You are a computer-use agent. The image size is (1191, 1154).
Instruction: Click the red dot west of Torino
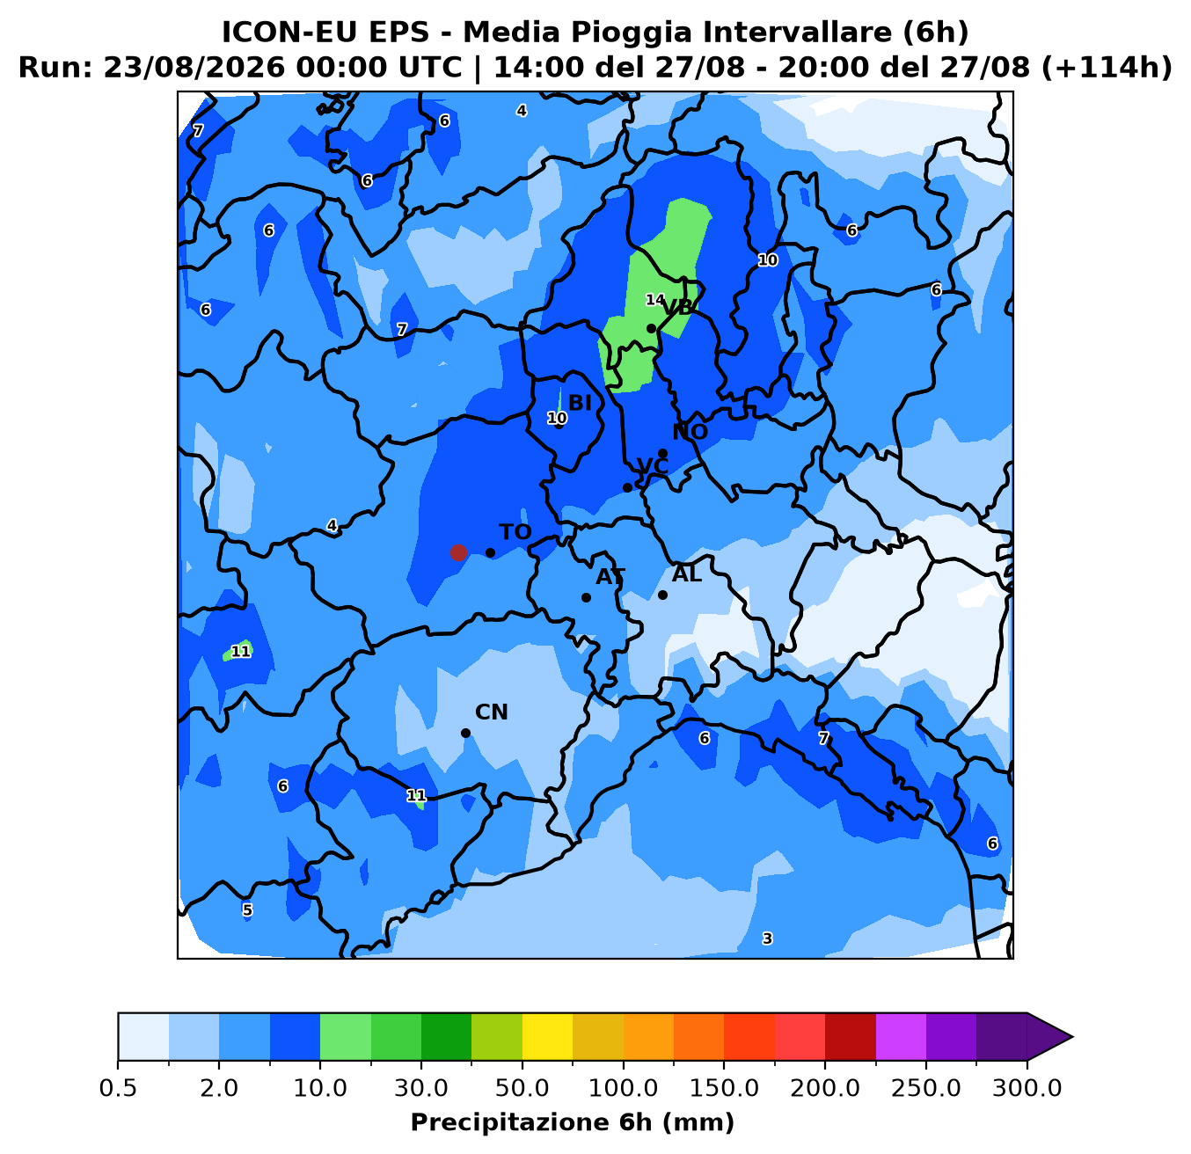(x=458, y=552)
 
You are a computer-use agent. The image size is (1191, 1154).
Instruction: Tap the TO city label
(x=515, y=532)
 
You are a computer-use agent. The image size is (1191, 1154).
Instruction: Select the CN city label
(x=492, y=712)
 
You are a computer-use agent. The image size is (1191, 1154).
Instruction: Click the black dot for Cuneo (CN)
(x=465, y=733)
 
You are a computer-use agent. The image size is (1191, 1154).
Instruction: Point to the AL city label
(x=687, y=574)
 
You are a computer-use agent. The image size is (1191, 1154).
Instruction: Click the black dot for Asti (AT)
(x=586, y=597)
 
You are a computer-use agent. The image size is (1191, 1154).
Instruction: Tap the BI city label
(x=580, y=403)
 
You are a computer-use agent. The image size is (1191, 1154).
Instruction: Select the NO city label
(x=690, y=432)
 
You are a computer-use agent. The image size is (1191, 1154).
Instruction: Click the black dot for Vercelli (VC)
(x=627, y=487)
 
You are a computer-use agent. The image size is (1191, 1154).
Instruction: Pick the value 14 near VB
(x=654, y=300)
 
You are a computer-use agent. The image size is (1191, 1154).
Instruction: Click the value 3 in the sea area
(x=767, y=939)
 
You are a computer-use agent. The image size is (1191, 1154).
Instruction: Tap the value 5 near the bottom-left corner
(x=247, y=909)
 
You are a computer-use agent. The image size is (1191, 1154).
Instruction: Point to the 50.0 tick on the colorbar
(x=522, y=1088)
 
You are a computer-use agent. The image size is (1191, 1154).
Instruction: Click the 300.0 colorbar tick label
(x=1027, y=1088)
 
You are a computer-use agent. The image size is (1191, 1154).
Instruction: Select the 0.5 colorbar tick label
(x=118, y=1088)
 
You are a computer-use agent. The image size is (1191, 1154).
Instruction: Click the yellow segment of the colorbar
(x=547, y=1036)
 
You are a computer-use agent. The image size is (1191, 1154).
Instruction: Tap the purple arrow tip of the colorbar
(x=1072, y=1037)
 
